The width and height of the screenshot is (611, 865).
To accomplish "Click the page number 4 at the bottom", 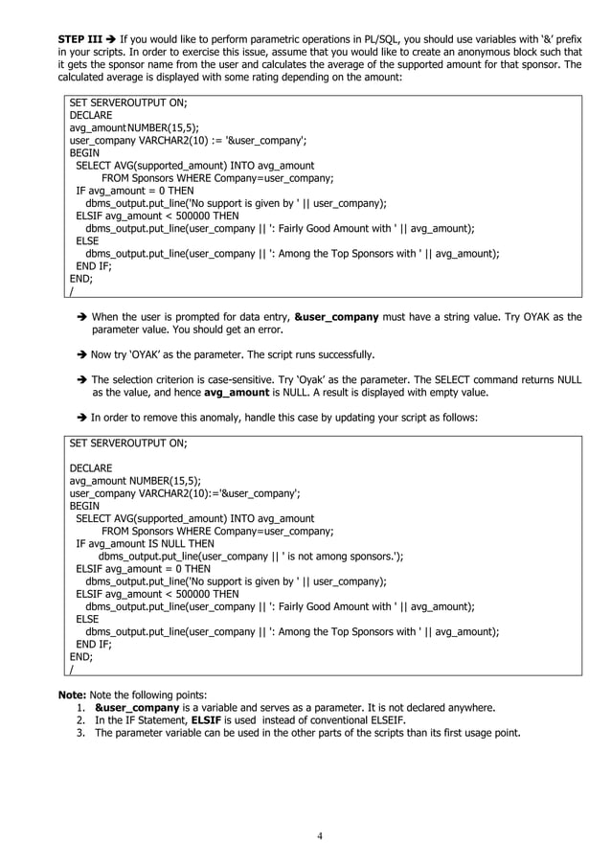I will (320, 835).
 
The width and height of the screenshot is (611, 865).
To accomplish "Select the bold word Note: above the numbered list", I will (73, 694).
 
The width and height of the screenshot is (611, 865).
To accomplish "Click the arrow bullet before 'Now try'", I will (82, 354).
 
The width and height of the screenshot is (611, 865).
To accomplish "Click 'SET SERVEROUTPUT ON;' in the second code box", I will (128, 444).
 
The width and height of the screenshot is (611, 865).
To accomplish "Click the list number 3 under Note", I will (82, 734).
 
